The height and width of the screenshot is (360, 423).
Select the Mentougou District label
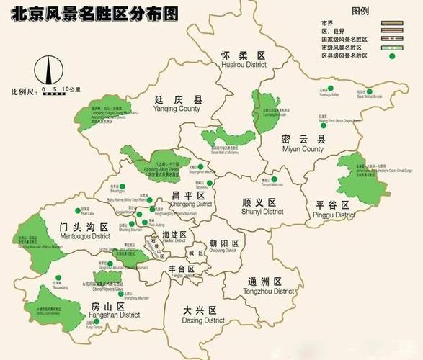(x=85, y=231)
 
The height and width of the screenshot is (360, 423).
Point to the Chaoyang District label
(x=223, y=247)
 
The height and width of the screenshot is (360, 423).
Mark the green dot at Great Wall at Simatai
(x=368, y=91)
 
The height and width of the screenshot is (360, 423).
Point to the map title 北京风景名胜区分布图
(x=92, y=13)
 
